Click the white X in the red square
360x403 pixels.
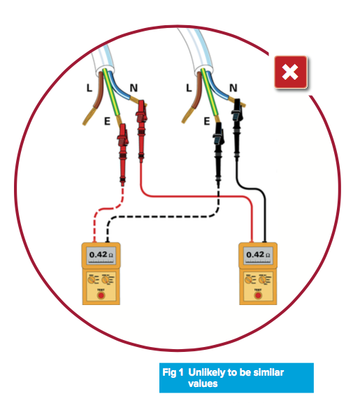290,71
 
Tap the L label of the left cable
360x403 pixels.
89,88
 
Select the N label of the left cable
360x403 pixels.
134,88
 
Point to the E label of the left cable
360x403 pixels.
107,121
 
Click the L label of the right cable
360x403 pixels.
189,88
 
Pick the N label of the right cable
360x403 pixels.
233,88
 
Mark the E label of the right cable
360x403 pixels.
207,121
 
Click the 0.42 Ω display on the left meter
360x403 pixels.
101,255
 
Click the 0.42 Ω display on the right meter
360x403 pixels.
258,255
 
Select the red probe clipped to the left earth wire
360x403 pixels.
123,154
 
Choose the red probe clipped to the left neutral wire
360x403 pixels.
141,131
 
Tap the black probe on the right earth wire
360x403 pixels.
218,154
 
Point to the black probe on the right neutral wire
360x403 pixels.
237,129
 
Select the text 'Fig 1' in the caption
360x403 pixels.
173,372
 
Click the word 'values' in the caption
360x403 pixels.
203,383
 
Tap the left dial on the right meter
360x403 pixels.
248,279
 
